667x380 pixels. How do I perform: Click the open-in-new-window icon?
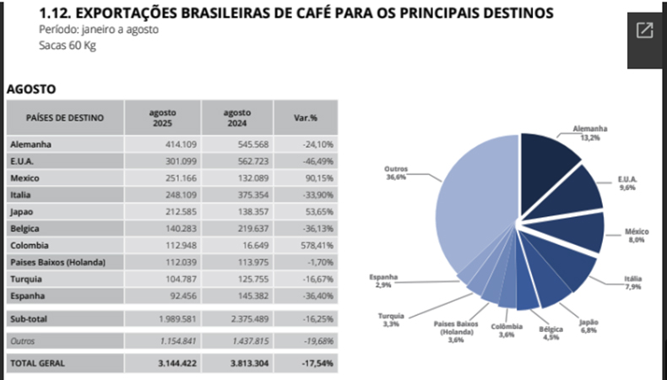click(x=644, y=31)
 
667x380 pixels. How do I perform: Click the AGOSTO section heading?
click(x=30, y=88)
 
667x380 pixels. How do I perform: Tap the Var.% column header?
click(x=306, y=117)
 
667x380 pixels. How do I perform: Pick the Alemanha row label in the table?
click(x=30, y=144)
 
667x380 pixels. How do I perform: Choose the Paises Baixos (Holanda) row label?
click(x=58, y=263)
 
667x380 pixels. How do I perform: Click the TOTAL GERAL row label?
click(x=37, y=362)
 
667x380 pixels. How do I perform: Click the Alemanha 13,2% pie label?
click(x=589, y=133)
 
